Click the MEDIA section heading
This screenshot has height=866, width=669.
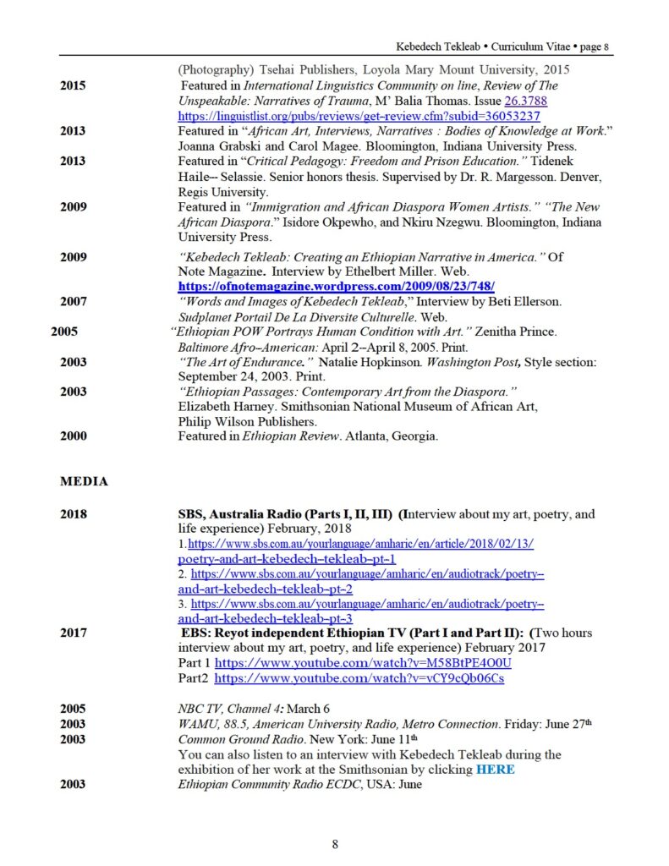(84, 481)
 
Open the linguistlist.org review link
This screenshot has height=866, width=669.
(359, 116)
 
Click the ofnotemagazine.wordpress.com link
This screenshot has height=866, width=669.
(336, 286)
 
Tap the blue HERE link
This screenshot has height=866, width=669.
(495, 770)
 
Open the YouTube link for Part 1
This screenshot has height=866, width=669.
(363, 662)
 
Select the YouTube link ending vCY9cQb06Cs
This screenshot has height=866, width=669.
(359, 678)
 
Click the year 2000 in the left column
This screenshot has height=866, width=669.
(73, 436)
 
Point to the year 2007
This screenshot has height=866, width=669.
(73, 300)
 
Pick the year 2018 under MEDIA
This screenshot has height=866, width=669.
(73, 513)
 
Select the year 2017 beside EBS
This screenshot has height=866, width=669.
(73, 633)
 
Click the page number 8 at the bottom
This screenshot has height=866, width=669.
(335, 843)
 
